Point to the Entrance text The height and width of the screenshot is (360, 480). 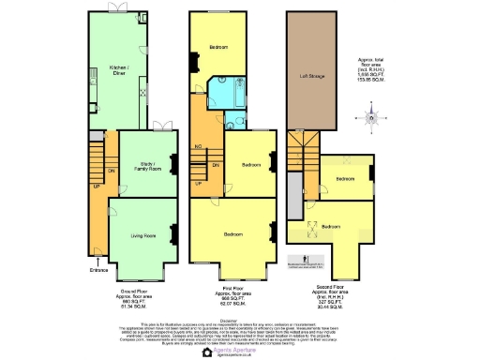[x=99, y=271]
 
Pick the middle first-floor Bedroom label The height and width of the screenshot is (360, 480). [x=250, y=165]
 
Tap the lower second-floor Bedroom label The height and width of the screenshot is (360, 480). [x=332, y=226]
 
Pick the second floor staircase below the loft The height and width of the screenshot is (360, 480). [x=302, y=150]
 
